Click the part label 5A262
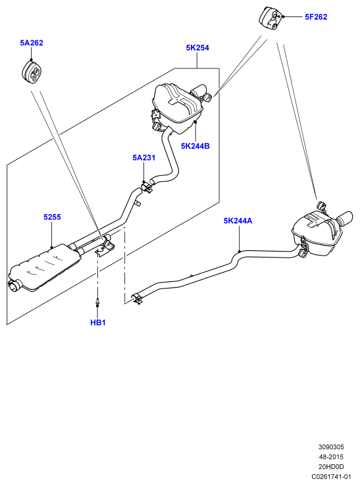click(32, 43)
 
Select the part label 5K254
click(197, 47)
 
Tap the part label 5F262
click(316, 16)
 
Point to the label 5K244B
click(195, 146)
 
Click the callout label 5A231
click(143, 158)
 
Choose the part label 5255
click(52, 217)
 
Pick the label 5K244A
click(238, 221)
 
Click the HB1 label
click(98, 323)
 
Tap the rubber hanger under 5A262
click(32, 72)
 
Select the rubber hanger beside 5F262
click(269, 18)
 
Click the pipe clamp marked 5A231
click(147, 188)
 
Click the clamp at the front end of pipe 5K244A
click(137, 298)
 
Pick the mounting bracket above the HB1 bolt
click(105, 248)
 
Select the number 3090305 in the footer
click(331, 447)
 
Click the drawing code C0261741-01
click(331, 476)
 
